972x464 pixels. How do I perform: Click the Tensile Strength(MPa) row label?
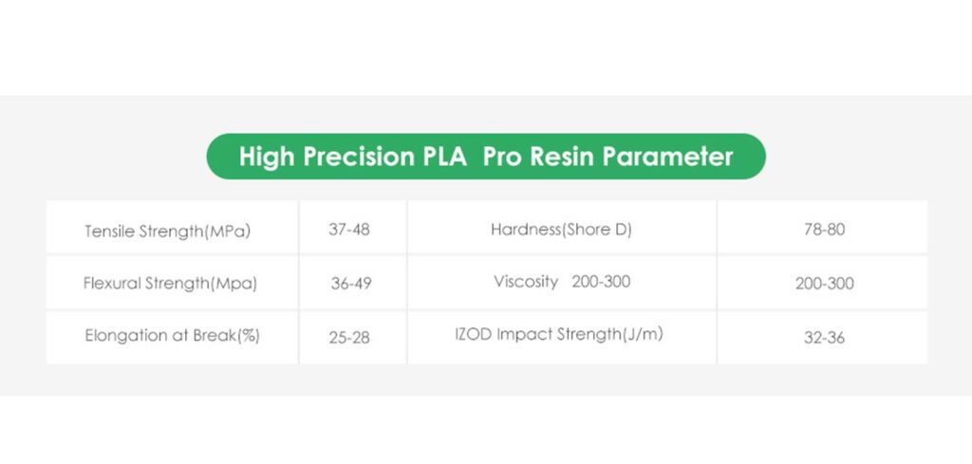point(167,232)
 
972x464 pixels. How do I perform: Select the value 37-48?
point(349,230)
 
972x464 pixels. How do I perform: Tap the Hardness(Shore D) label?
point(561,230)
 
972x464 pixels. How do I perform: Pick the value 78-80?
point(825,230)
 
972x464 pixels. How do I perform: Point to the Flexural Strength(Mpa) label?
point(170,284)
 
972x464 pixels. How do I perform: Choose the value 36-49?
point(351,284)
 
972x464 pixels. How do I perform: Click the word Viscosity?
point(526,282)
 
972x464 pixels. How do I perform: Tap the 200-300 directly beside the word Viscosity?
point(601,281)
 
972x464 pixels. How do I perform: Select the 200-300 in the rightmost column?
point(825,284)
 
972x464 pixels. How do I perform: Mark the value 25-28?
point(349,338)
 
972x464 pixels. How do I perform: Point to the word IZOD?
point(474,335)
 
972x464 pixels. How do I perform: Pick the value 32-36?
point(825,338)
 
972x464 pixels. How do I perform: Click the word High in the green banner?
point(268,157)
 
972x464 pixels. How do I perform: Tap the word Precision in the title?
point(358,157)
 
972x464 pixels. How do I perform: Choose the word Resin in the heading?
point(564,157)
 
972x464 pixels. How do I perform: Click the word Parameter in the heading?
point(669,157)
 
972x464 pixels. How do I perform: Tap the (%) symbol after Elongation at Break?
point(250,337)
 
